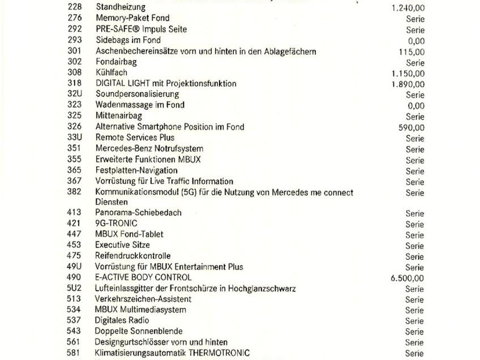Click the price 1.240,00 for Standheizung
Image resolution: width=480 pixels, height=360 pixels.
tap(408, 8)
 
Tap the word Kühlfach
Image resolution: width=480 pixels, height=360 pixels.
tap(111, 73)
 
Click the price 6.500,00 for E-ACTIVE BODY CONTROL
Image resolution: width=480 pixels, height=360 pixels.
tap(407, 278)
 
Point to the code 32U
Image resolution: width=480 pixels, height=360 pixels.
tap(75, 94)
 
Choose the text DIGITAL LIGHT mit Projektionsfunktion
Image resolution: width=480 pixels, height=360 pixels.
tap(166, 83)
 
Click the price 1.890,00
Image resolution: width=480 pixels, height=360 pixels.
tap(408, 84)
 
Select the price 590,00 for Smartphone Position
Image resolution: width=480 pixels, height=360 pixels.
tap(412, 127)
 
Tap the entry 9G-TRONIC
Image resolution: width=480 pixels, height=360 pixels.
tap(116, 223)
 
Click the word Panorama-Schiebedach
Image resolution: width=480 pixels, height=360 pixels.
tap(138, 212)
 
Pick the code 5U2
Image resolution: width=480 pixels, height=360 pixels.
tap(74, 288)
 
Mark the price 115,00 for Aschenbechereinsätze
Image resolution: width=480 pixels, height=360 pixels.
tap(412, 52)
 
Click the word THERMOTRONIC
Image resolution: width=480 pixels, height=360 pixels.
tap(219, 352)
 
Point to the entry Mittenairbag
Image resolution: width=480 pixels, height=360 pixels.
tap(119, 115)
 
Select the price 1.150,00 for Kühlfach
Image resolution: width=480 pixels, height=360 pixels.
tap(408, 74)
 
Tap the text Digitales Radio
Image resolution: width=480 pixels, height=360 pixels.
tap(122, 320)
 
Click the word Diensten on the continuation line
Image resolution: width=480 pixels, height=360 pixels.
tap(111, 202)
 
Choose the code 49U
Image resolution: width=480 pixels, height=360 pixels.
tap(75, 267)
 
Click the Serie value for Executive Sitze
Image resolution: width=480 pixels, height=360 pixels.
tap(415, 246)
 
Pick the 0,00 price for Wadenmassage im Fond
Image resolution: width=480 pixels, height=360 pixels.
tap(416, 106)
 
